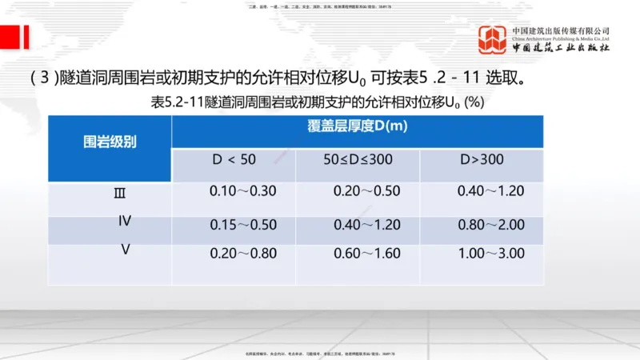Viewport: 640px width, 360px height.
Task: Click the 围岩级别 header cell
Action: [x=110, y=142]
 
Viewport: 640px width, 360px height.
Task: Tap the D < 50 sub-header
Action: [x=234, y=160]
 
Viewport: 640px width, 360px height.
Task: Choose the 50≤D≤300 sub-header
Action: [x=358, y=160]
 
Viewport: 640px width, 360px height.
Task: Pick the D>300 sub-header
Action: [x=482, y=160]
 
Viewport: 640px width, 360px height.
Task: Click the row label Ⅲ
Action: [x=120, y=193]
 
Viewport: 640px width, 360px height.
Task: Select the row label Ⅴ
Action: [x=126, y=250]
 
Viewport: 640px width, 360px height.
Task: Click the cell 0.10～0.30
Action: [x=242, y=192]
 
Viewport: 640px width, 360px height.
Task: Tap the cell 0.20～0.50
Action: [x=366, y=192]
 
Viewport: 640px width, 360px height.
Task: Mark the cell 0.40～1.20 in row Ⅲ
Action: [x=490, y=192]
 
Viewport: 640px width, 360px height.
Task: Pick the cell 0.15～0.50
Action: [x=242, y=225]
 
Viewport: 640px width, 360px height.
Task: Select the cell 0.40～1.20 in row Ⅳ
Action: [x=366, y=225]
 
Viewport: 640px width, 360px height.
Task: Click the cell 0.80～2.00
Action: [x=490, y=225]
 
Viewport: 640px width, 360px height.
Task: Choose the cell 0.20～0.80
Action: [x=242, y=254]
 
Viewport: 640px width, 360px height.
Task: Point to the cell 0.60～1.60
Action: [x=366, y=254]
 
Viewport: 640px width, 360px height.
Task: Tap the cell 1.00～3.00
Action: [x=490, y=254]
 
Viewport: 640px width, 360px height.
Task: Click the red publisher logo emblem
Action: [x=493, y=38]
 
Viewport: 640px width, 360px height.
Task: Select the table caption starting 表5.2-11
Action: [x=317, y=102]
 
